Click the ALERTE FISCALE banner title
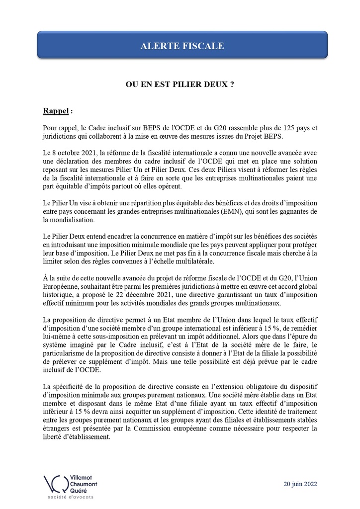(x=182, y=46)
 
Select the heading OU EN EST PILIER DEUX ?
(x=180, y=85)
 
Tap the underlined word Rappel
(x=55, y=109)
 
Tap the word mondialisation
(x=70, y=220)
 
